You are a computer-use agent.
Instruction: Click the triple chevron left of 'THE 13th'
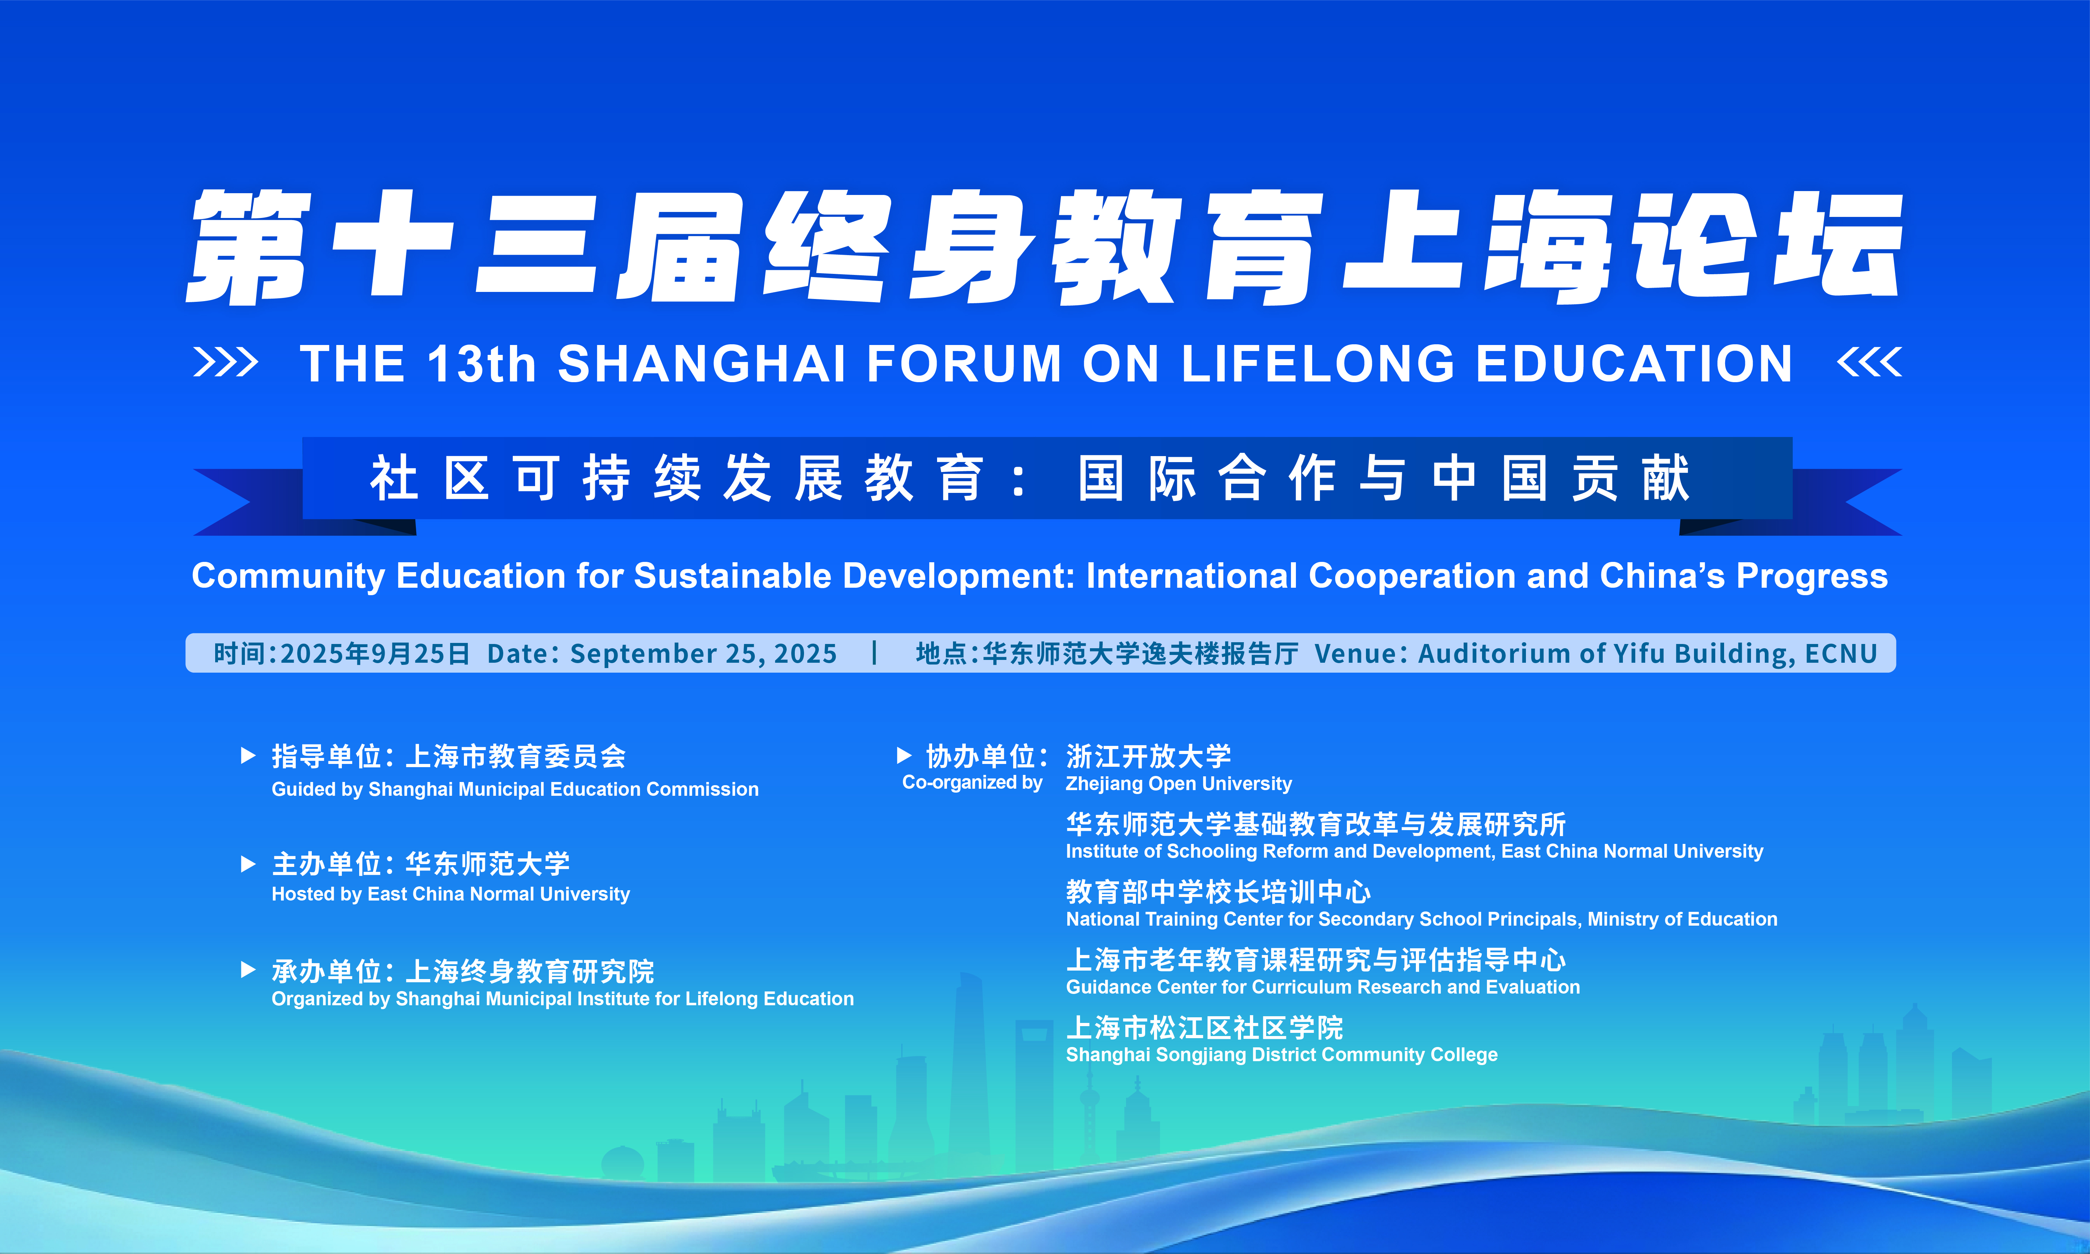tap(226, 363)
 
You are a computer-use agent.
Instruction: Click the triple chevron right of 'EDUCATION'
tap(1870, 363)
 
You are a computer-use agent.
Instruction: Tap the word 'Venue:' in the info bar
tap(1361, 653)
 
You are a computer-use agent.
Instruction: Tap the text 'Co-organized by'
tap(972, 782)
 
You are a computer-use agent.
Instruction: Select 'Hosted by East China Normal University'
tap(450, 894)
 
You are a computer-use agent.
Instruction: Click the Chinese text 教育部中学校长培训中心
tap(1218, 891)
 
